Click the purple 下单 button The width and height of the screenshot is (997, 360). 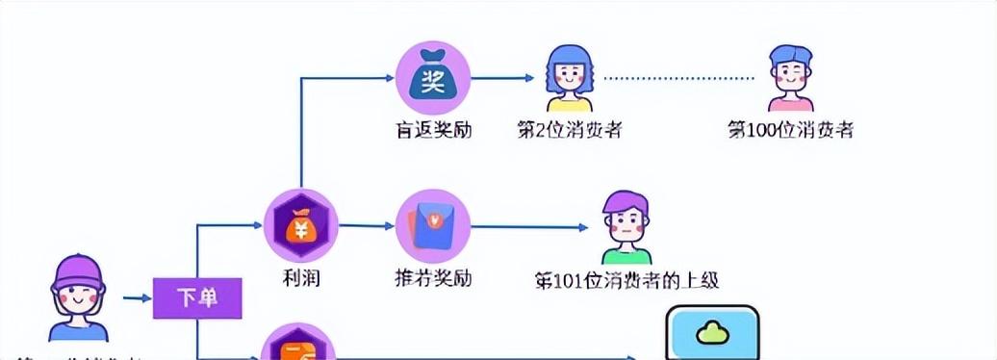coord(197,298)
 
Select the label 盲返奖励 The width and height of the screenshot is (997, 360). coord(433,130)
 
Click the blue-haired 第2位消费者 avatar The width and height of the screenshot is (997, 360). coord(570,79)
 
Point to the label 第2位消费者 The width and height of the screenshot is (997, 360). coord(570,130)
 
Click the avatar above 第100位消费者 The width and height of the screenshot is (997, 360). coord(791,79)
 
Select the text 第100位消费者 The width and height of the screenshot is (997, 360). coord(790,130)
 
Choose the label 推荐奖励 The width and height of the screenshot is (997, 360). coord(433,279)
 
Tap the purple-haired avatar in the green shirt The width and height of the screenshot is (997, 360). coord(626,227)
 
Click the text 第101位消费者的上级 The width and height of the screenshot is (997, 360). coord(626,280)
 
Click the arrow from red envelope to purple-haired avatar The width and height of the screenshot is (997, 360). coord(528,227)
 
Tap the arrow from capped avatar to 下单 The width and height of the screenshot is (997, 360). coord(135,298)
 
